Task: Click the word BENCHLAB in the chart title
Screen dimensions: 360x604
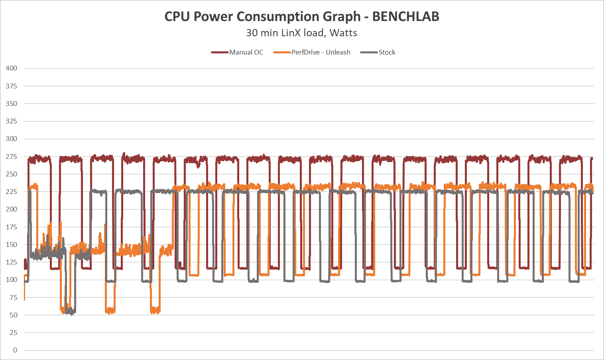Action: point(405,17)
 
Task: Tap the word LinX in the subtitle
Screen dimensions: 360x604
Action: point(291,33)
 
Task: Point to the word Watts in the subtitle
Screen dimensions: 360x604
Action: point(344,33)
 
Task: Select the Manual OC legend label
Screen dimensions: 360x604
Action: point(246,52)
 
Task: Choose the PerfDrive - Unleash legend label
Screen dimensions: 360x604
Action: point(321,52)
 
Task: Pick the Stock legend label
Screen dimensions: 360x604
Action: point(387,52)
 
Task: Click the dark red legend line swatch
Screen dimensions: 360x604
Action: point(220,52)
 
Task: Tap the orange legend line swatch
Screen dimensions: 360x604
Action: point(282,52)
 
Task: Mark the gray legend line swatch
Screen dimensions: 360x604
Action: point(369,52)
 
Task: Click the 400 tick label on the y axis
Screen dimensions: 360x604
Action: point(12,68)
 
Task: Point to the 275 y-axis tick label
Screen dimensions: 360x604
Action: point(12,157)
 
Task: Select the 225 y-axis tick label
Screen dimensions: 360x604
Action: point(12,192)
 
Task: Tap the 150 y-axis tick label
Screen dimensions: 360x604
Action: point(12,245)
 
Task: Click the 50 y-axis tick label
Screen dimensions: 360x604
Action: point(14,315)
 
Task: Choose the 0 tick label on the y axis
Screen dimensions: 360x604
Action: point(15,350)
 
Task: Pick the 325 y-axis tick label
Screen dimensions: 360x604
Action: point(12,121)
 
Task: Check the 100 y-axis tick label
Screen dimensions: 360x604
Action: point(12,280)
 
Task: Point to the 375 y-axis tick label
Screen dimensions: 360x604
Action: point(12,86)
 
